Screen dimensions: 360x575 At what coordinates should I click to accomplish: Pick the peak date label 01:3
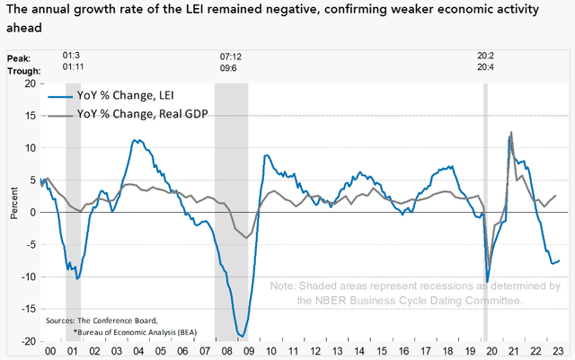[x=69, y=56]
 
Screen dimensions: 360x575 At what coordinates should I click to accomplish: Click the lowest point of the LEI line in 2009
[x=241, y=337]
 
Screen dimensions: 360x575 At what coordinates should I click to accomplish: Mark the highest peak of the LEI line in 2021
[x=510, y=133]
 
